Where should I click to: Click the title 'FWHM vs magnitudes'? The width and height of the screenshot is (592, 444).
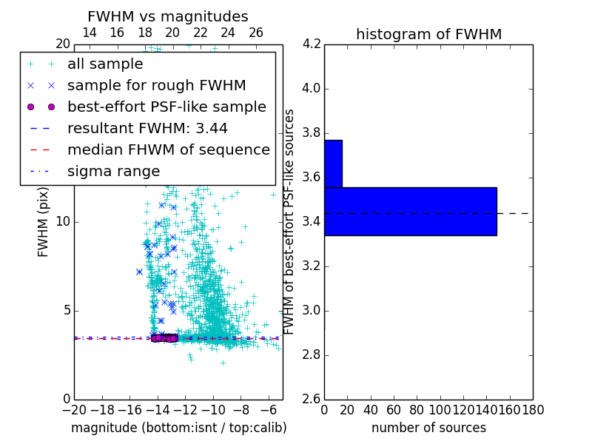click(168, 16)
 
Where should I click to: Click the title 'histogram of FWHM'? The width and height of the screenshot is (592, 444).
click(428, 34)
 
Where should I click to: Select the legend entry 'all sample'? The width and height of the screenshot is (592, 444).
click(105, 64)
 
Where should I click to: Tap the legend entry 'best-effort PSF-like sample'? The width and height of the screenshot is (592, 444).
click(166, 107)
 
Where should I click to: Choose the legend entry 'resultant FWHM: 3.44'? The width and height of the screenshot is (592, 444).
click(147, 128)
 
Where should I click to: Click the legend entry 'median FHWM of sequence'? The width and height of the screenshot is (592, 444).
click(168, 149)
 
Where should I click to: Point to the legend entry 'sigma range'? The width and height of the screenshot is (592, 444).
click(113, 171)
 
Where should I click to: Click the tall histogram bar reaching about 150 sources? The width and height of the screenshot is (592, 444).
click(410, 211)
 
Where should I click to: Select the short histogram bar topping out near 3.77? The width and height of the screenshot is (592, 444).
click(333, 164)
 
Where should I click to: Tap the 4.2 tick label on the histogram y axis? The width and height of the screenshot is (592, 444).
click(312, 44)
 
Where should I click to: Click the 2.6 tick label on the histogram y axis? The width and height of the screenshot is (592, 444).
click(312, 399)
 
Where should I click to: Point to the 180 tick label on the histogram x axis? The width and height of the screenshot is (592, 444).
click(533, 410)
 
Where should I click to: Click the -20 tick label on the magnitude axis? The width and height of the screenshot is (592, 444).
click(74, 410)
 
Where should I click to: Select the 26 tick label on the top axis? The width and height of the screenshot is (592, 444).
click(256, 33)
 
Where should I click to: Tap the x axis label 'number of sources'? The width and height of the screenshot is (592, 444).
click(428, 428)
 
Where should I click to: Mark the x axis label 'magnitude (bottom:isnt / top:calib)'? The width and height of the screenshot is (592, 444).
click(178, 428)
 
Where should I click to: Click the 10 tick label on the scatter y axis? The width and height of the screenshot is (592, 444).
click(62, 221)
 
